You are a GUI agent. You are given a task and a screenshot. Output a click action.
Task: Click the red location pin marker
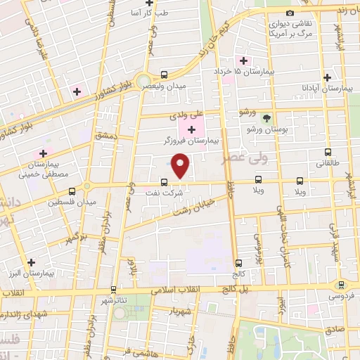[181, 167]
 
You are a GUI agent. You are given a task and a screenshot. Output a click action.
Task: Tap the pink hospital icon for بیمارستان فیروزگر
[191, 130]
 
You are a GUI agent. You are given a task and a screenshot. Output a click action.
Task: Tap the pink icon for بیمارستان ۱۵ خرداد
[244, 60]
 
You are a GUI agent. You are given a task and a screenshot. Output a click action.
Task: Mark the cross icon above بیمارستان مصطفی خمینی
[43, 153]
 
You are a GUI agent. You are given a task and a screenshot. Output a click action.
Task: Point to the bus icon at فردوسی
[342, 284]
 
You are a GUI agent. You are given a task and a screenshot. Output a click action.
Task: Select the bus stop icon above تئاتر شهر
[112, 289]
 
